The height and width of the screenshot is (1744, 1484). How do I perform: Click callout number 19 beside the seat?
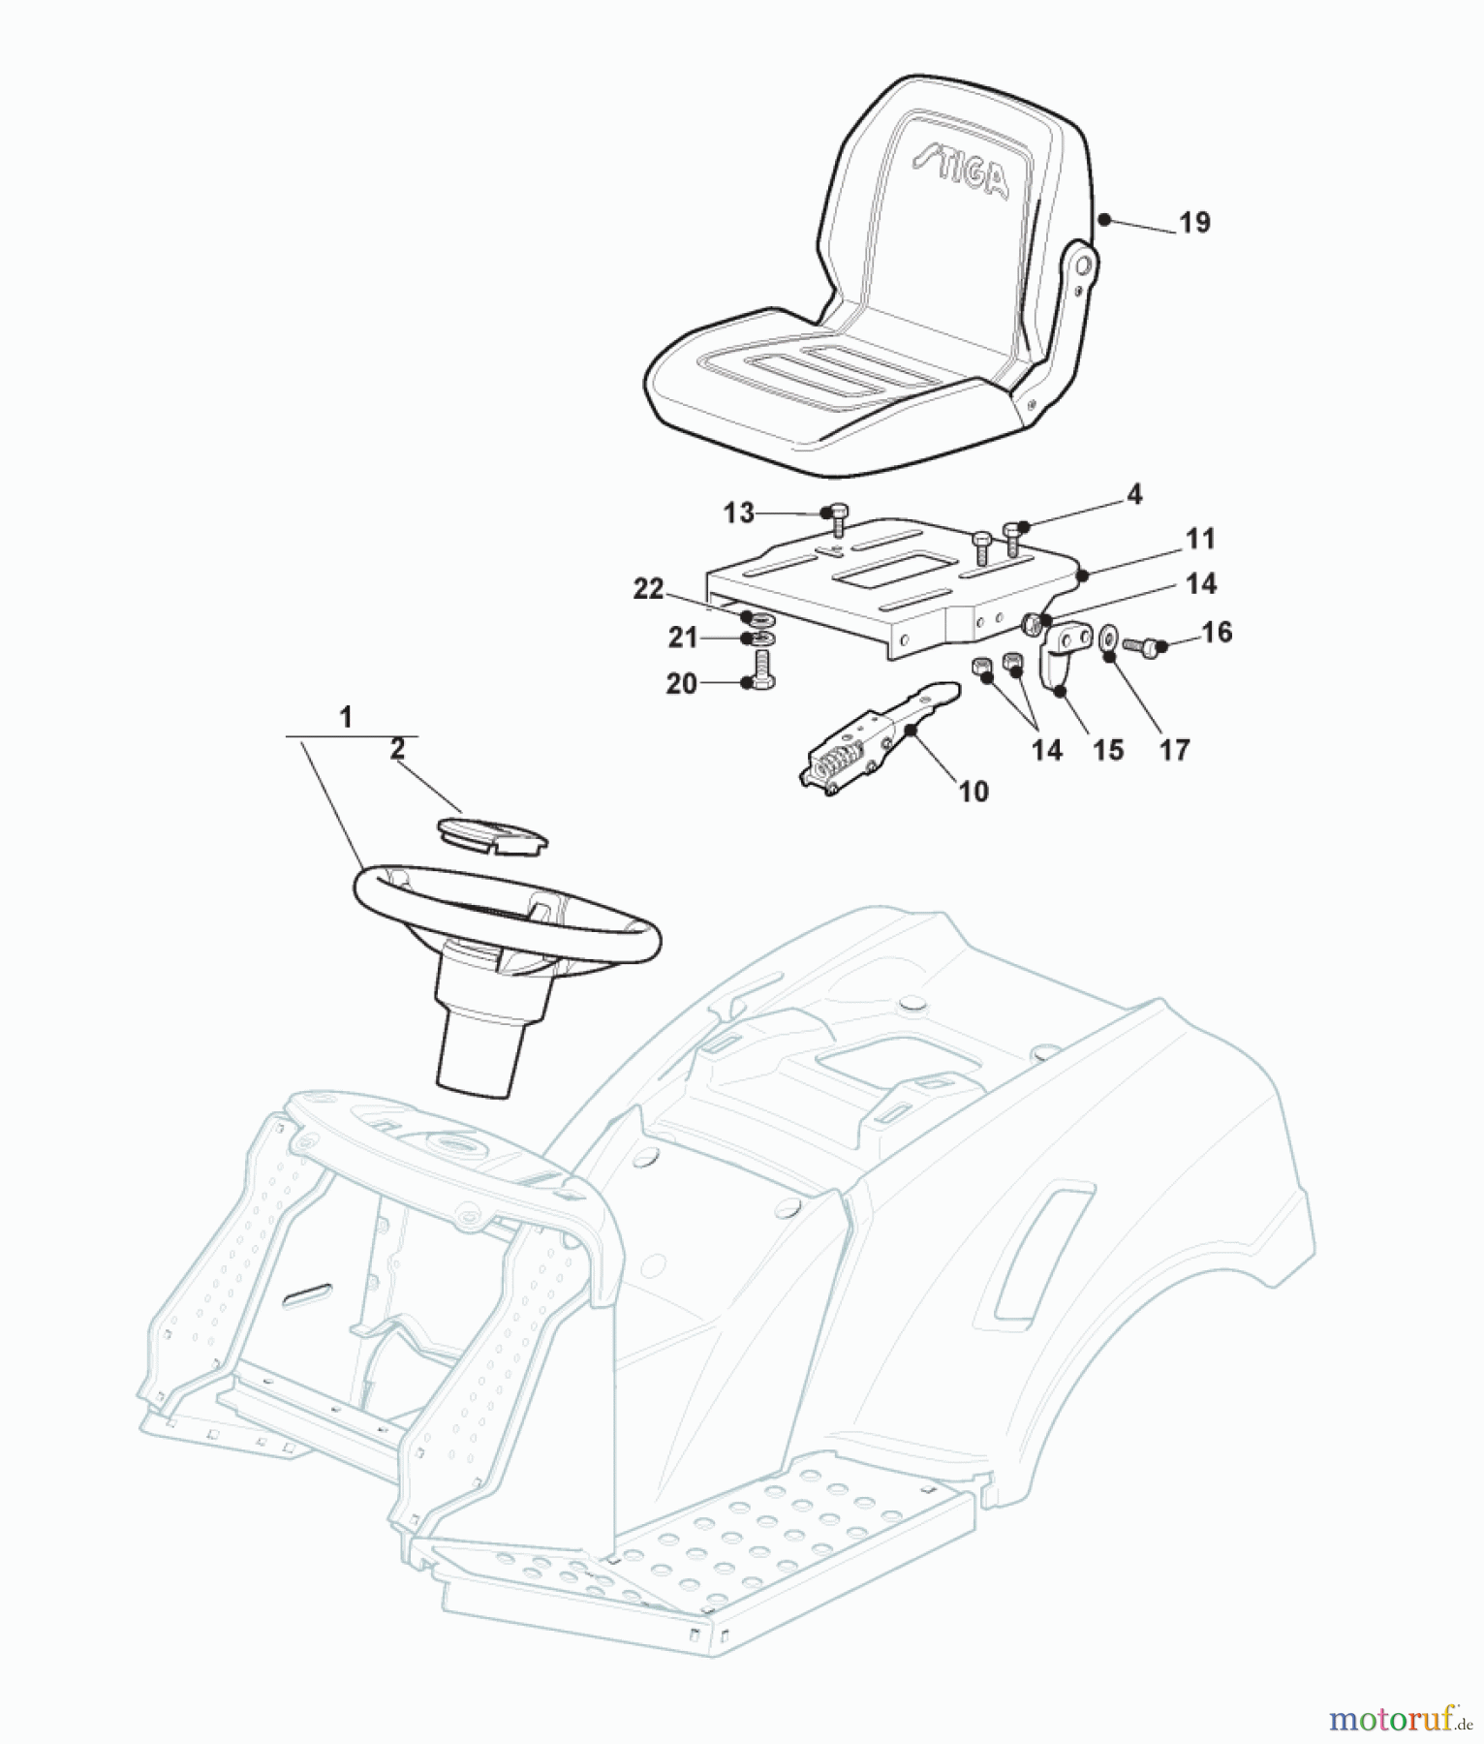point(1194,223)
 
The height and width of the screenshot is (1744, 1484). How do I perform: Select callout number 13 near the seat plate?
point(739,513)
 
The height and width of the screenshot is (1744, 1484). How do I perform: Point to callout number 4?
point(1134,495)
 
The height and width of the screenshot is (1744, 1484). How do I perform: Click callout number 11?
point(1200,539)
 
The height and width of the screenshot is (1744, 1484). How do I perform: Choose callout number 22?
point(649,589)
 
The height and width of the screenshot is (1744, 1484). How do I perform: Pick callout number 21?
point(683,638)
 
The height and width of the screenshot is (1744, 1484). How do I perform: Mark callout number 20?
point(682,684)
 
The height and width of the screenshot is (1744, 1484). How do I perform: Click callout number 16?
point(1217,633)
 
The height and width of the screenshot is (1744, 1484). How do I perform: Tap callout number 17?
point(1174,750)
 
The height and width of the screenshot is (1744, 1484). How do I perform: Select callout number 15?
point(1108,750)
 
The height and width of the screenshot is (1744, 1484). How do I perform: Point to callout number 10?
point(974,792)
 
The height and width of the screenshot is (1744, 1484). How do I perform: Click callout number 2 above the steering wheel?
point(397,749)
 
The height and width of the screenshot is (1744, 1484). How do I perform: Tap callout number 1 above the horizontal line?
point(346,718)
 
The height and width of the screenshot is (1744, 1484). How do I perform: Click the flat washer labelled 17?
point(1108,638)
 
